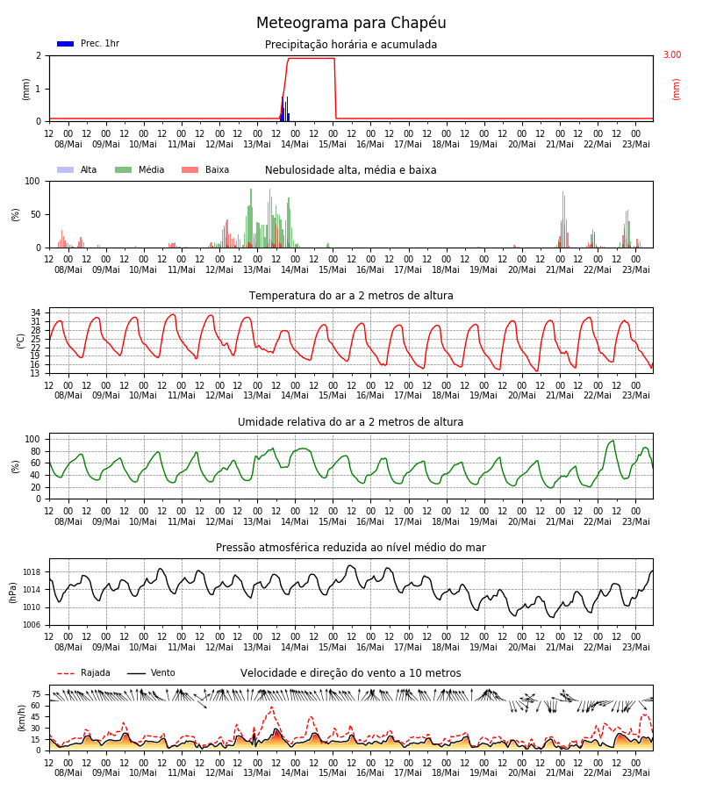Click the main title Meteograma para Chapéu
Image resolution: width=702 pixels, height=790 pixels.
coord(351,23)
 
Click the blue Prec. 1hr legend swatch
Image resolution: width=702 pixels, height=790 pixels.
coord(66,44)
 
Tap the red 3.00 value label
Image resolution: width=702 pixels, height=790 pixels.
coord(672,54)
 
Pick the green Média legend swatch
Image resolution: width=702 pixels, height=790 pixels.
coord(124,169)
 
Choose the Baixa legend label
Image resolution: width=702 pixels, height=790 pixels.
coord(217,169)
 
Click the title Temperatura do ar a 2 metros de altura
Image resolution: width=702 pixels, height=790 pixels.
coord(351,295)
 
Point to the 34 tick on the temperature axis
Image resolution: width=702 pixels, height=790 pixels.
coord(35,312)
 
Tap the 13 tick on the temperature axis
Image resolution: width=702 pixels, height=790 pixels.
coord(35,373)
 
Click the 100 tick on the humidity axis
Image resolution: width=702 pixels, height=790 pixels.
coord(32,439)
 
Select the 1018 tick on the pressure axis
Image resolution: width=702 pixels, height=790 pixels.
coord(32,571)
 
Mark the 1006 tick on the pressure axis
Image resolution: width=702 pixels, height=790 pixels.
coord(32,625)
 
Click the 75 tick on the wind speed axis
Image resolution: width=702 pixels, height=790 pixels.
coord(36,694)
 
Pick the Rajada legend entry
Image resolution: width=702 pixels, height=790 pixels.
coord(83,672)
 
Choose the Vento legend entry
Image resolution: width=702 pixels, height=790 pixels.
coord(151,672)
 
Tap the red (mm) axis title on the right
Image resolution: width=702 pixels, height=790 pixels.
coord(676,90)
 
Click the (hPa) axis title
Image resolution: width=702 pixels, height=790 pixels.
coord(13,592)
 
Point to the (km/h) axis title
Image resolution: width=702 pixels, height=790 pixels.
coord(21,718)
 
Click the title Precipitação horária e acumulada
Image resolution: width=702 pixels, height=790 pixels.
coord(351,45)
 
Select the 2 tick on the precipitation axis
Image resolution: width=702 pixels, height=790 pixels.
coord(39,55)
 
